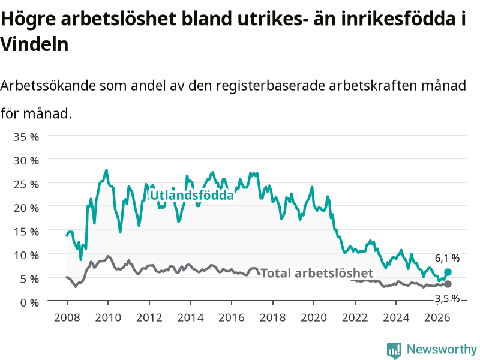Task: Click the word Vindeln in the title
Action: coord(34,44)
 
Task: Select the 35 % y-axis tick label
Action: coord(26,137)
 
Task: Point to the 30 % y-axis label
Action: coord(26,160)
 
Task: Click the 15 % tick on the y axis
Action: coord(26,232)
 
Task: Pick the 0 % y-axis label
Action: coord(29,302)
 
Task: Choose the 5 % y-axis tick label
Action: coord(29,279)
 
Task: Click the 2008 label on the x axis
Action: coord(67,317)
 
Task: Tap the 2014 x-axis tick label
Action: coord(190,317)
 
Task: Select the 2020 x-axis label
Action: coord(314,317)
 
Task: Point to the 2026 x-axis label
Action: coord(437,317)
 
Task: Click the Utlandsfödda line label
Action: coord(192,196)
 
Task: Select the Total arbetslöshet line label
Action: coord(317,273)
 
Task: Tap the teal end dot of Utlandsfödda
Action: coord(448,272)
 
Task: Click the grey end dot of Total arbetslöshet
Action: coord(448,284)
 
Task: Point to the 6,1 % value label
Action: coord(447,259)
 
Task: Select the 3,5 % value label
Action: coord(447,298)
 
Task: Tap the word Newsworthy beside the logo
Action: coord(442,349)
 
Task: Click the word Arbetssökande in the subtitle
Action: coord(48,86)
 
